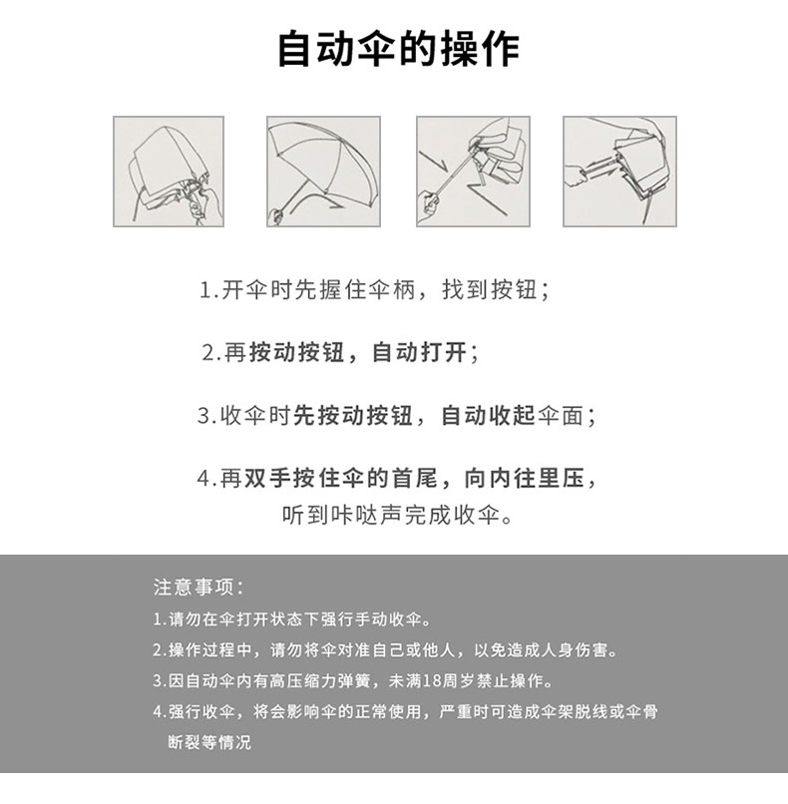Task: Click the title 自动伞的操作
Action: pyautogui.click(x=398, y=49)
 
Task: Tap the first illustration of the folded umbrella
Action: pyautogui.click(x=169, y=172)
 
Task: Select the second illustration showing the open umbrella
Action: pyautogui.click(x=323, y=172)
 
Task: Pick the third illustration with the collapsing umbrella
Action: pyautogui.click(x=473, y=172)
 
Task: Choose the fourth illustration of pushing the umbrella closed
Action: pyautogui.click(x=619, y=172)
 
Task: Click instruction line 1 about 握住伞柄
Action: pyautogui.click(x=374, y=290)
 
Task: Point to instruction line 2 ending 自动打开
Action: pyautogui.click(x=340, y=353)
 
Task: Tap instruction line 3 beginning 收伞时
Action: pyautogui.click(x=397, y=415)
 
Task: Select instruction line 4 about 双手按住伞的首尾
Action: pyautogui.click(x=397, y=478)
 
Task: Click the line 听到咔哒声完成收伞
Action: pyautogui.click(x=397, y=515)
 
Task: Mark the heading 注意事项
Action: pyautogui.click(x=198, y=588)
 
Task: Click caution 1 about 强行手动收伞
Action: pyautogui.click(x=291, y=619)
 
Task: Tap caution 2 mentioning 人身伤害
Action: pyautogui.click(x=386, y=650)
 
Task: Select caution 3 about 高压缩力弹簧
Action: pyautogui.click(x=353, y=681)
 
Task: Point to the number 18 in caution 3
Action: pyautogui.click(x=432, y=681)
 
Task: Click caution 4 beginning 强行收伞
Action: pyautogui.click(x=406, y=711)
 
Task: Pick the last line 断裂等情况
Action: pyautogui.click(x=209, y=742)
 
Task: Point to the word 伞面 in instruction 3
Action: pyautogui.click(x=561, y=415)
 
